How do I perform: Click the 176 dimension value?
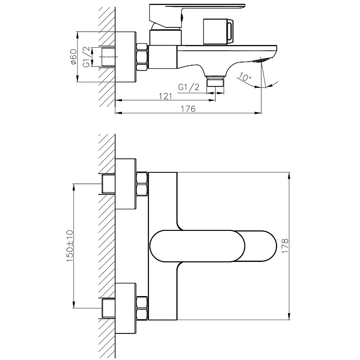click(188, 108)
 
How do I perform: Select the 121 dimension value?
click(165, 96)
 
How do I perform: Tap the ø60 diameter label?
click(73, 57)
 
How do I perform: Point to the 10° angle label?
click(244, 76)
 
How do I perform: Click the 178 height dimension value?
click(285, 246)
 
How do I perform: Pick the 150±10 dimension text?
click(70, 246)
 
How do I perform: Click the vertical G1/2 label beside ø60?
click(86, 57)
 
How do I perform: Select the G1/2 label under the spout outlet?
click(189, 87)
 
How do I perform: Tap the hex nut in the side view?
click(142, 57)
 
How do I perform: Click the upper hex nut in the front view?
click(142, 184)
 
